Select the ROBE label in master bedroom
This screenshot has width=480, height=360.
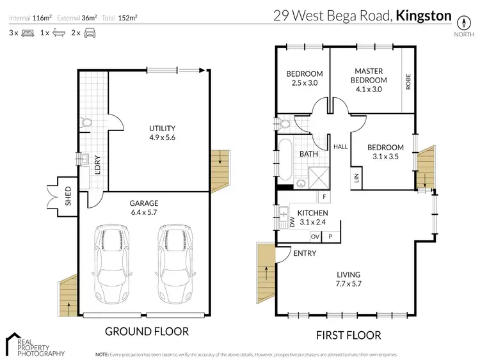coord(408,82)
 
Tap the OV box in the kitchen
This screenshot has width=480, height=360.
coord(315,236)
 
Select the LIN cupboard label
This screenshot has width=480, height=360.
coord(356,178)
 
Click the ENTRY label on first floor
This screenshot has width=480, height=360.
coord(304,254)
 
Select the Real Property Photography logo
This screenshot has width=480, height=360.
coord(35,345)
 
